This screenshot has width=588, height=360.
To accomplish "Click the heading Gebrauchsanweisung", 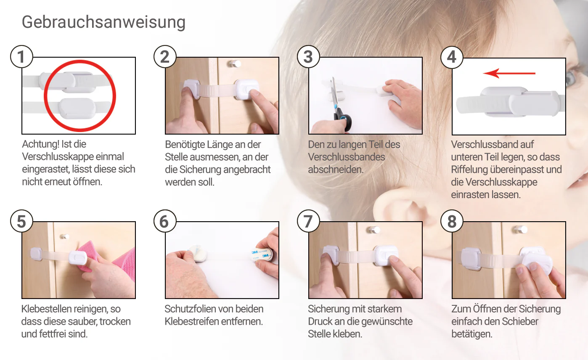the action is tap(103, 23).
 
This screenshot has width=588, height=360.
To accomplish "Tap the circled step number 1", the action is tap(21, 57).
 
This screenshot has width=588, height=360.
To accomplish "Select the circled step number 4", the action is tap(451, 57).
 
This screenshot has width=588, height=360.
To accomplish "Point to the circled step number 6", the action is tap(165, 221).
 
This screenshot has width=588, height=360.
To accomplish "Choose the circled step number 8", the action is tap(451, 221).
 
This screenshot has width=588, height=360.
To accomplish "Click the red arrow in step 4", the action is tap(509, 73).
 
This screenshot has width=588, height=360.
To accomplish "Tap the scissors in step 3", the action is tap(340, 105).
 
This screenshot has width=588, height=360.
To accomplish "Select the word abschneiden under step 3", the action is tap(336, 169).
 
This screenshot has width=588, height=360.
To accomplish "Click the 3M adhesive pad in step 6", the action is tap(262, 254).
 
